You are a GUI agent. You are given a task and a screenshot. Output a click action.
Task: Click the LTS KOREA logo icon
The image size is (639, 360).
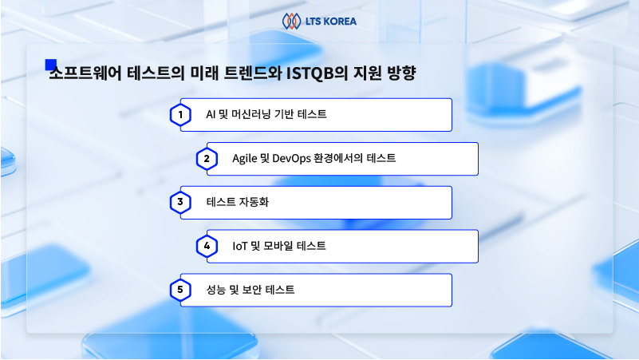pyautogui.click(x=291, y=22)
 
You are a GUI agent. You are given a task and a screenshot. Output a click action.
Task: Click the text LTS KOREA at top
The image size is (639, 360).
pyautogui.click(x=331, y=22)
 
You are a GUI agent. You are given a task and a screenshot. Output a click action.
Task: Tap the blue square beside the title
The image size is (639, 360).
pyautogui.click(x=50, y=65)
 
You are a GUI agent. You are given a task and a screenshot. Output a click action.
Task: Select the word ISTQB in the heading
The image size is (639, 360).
pyautogui.click(x=310, y=73)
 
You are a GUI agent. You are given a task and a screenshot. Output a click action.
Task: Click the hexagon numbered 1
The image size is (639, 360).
pyautogui.click(x=180, y=115)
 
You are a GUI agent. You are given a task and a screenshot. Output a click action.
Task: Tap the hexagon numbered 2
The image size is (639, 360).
pyautogui.click(x=207, y=159)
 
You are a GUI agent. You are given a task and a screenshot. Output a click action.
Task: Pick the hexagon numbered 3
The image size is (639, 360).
pyautogui.click(x=180, y=202)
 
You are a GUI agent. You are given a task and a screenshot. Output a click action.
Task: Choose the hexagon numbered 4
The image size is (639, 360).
pyautogui.click(x=207, y=246)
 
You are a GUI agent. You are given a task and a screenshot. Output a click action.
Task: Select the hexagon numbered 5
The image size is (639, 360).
pyautogui.click(x=180, y=290)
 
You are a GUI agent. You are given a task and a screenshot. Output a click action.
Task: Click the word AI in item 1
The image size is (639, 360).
pyautogui.click(x=211, y=115)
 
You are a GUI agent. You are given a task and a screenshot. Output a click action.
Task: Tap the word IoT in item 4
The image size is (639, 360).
pyautogui.click(x=239, y=246)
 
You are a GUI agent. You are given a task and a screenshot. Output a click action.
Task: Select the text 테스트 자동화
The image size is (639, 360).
pyautogui.click(x=238, y=202)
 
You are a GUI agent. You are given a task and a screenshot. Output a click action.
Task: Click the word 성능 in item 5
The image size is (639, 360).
pyautogui.click(x=215, y=290)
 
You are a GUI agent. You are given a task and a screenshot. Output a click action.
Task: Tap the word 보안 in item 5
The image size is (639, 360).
pyautogui.click(x=251, y=290)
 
